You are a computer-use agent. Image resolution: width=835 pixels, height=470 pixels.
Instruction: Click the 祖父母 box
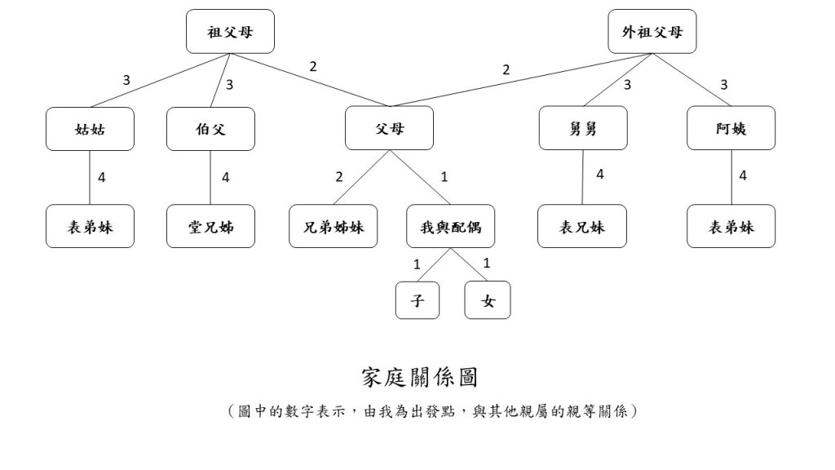pos(229,32)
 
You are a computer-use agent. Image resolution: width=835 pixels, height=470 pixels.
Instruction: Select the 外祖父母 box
pos(652,32)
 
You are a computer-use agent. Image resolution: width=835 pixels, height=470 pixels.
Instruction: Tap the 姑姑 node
pos(90,129)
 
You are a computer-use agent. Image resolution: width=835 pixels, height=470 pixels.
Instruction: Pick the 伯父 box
pos(210,129)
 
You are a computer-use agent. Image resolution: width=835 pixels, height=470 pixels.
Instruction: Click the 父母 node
pos(389,129)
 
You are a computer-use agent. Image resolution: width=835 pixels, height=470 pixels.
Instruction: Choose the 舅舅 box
pos(583,129)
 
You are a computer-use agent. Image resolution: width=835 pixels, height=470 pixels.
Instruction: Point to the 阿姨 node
pos(731,129)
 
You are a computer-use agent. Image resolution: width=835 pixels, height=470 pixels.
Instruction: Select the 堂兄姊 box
pos(210,226)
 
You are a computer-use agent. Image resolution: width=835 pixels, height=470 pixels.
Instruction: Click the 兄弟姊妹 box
pos(334,226)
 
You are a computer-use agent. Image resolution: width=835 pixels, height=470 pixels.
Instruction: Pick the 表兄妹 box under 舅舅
pos(582,226)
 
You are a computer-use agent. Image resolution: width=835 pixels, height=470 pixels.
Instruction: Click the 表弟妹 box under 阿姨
pos(731,226)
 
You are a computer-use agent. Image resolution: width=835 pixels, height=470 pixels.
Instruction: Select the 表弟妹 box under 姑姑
pos(90,226)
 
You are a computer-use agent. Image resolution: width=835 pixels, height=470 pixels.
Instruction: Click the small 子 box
pos(417,300)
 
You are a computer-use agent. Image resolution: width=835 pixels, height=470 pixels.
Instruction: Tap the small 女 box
pos(488,300)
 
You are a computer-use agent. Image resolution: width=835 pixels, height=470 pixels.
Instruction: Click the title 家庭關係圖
pos(419,377)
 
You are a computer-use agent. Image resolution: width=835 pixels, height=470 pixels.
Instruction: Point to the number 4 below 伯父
pos(226,177)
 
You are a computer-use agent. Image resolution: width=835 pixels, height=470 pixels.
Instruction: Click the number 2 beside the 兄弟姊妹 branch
pos(338,177)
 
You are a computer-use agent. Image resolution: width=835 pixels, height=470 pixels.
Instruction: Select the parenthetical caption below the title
pos(433,411)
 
